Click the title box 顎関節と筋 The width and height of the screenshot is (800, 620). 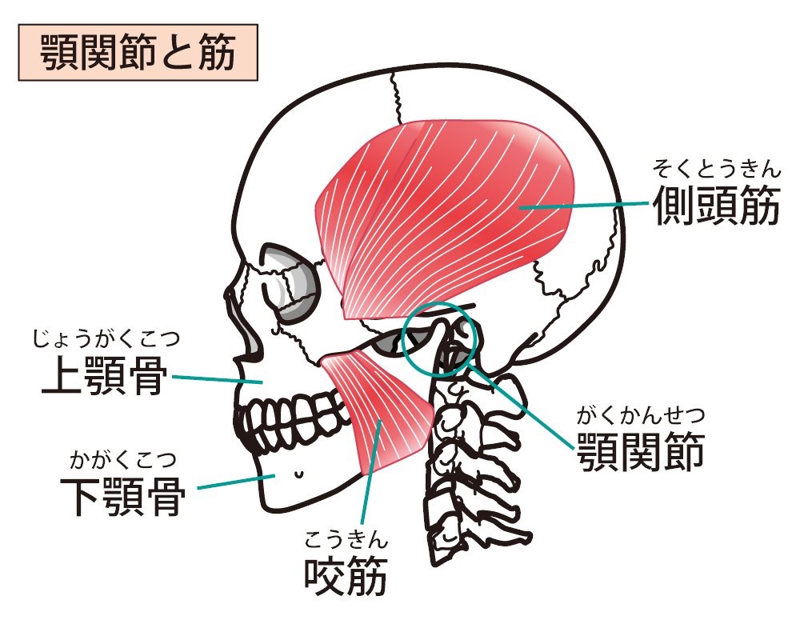[138, 52]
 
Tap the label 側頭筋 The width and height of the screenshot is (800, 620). [717, 206]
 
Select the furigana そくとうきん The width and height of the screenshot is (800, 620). [717, 169]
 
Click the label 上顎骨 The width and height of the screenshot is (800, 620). [105, 376]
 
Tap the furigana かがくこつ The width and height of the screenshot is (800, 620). [123, 460]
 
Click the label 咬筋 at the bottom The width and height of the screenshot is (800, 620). [346, 576]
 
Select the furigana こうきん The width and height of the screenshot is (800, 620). [346, 539]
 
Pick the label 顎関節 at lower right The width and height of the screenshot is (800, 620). [641, 452]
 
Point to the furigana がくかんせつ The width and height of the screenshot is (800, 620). [641, 415]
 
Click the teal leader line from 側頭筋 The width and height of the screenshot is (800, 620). [584, 206]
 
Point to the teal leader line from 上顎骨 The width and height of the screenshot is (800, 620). [218, 379]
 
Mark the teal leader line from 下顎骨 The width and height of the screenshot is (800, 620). [236, 482]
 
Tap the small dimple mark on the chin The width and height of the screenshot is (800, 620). [298, 474]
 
